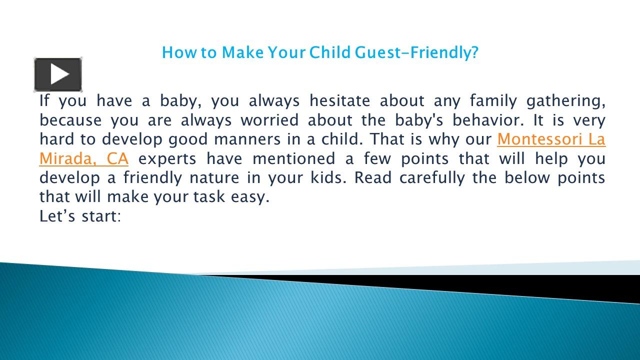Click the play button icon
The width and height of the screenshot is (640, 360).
point(58,74)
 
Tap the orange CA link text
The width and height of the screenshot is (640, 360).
point(118,159)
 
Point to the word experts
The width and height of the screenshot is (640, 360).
point(167,159)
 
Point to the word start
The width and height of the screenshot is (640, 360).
point(102,216)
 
